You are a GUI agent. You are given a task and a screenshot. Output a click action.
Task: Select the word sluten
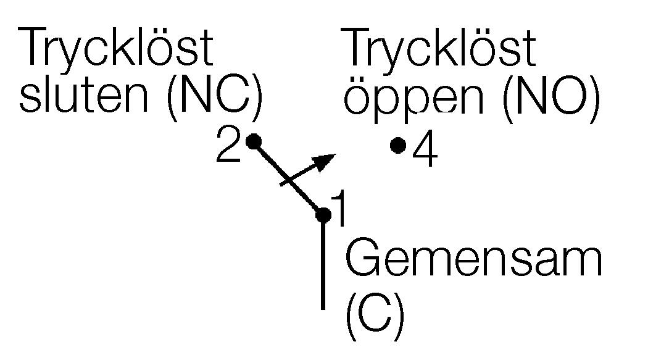click(x=86, y=98)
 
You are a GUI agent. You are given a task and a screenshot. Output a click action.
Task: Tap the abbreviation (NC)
click(x=214, y=98)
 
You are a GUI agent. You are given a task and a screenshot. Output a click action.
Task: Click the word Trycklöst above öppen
click(x=439, y=49)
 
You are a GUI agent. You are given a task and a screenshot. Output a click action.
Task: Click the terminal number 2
click(x=228, y=148)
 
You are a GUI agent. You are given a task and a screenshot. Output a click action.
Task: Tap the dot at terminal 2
click(x=253, y=141)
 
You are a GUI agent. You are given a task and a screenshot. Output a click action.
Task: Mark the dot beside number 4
click(x=399, y=145)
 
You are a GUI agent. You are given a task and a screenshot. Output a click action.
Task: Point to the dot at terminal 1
click(x=323, y=215)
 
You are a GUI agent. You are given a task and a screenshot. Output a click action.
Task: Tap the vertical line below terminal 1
click(x=323, y=266)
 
